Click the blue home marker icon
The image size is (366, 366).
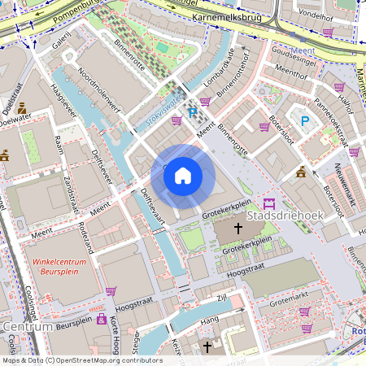coord(183,176)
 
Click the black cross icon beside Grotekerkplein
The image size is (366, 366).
coord(238,230)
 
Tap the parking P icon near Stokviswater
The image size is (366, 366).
coord(193,114)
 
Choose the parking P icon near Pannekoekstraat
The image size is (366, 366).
coord(305,122)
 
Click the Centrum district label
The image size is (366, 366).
coord(28,326)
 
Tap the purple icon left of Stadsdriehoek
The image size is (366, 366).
coord(269,203)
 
